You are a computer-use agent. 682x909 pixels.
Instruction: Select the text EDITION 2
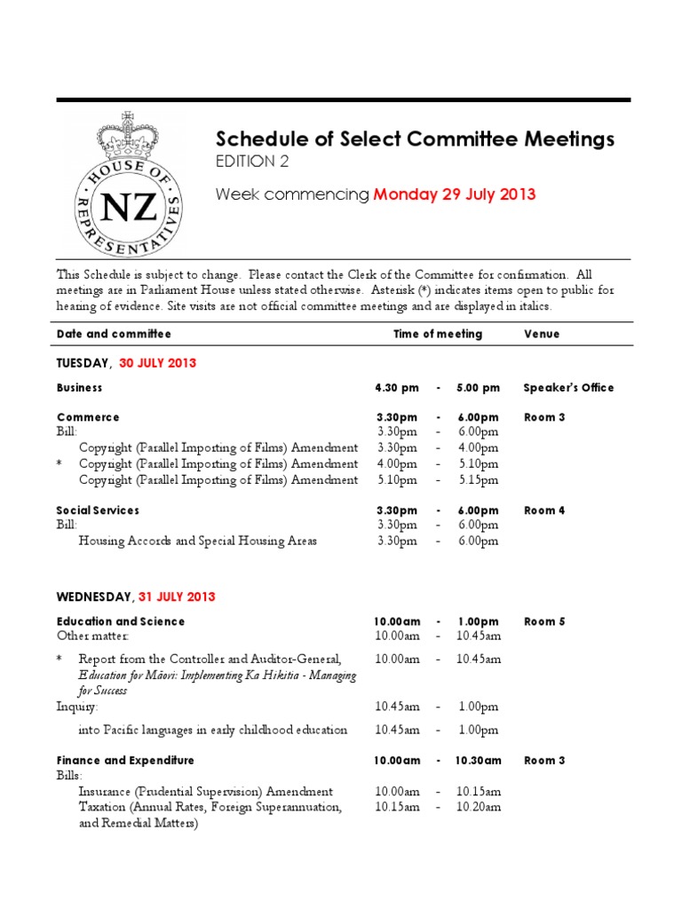tap(252, 162)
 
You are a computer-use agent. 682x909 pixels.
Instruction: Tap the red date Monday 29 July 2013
tap(454, 194)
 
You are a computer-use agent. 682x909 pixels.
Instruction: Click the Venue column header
tap(541, 334)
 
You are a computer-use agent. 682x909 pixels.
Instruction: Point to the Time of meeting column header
tap(438, 334)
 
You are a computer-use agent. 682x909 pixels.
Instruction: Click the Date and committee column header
tap(114, 334)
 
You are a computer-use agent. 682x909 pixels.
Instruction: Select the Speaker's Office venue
tap(568, 388)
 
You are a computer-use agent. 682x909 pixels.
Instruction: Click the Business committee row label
tap(79, 388)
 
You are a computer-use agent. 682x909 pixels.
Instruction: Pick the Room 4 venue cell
tap(544, 510)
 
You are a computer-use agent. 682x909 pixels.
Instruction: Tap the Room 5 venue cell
tap(544, 621)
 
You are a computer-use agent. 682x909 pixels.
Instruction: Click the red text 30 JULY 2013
tap(158, 363)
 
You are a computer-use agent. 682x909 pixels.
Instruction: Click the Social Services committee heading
tap(98, 510)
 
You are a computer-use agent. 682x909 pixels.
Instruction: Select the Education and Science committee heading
tap(121, 621)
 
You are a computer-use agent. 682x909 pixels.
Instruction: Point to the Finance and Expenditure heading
tap(125, 761)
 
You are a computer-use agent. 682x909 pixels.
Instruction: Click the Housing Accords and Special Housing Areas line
tap(197, 541)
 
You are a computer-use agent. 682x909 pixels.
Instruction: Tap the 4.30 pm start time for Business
tap(396, 388)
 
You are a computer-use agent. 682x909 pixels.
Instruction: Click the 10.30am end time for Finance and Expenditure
tap(479, 761)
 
